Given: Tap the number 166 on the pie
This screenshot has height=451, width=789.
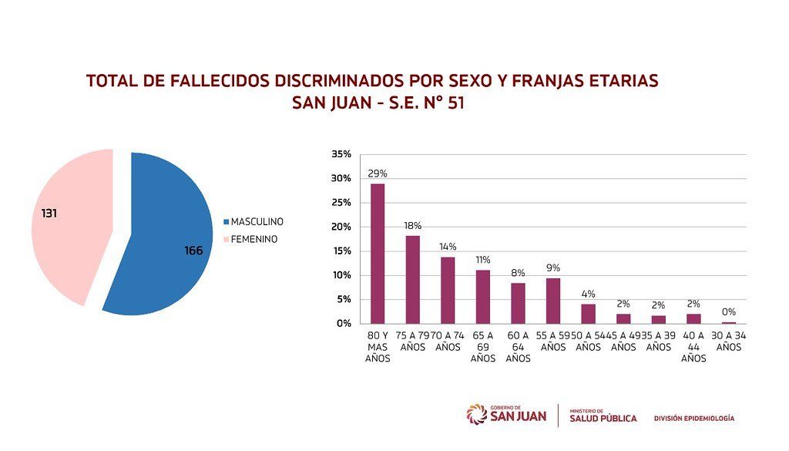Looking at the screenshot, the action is pos(193,251).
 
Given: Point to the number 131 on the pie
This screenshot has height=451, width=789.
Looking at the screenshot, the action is pos(49,214).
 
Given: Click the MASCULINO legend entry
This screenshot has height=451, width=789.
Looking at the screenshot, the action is pos(253,222).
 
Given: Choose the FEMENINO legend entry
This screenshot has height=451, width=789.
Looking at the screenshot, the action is pos(250,240).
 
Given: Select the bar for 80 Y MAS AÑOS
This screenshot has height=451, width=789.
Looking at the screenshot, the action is pos(378,254).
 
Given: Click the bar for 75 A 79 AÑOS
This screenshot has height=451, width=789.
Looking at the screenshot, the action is pos(413,280).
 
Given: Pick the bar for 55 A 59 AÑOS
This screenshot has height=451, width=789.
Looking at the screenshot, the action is pos(553,301).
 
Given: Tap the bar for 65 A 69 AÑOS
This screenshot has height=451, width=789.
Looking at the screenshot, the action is pos(483,297).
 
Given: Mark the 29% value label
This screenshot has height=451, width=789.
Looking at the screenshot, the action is pos(378,173).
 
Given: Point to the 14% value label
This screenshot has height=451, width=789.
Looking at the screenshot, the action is pos(448,247).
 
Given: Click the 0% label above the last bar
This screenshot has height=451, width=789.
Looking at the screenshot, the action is pos(729,312).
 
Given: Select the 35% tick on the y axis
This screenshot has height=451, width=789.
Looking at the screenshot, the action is pos(341,154).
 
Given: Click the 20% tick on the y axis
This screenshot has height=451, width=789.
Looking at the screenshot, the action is pos(341,227).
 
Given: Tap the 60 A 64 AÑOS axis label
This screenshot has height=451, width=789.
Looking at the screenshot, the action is pos(519,347).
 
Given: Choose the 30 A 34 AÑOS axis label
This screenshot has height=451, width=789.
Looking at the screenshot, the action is pos(729,342).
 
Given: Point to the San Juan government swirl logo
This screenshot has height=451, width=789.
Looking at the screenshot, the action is pos(476,415).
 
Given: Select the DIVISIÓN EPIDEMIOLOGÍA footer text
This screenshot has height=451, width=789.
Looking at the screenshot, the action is pos(694,419).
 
